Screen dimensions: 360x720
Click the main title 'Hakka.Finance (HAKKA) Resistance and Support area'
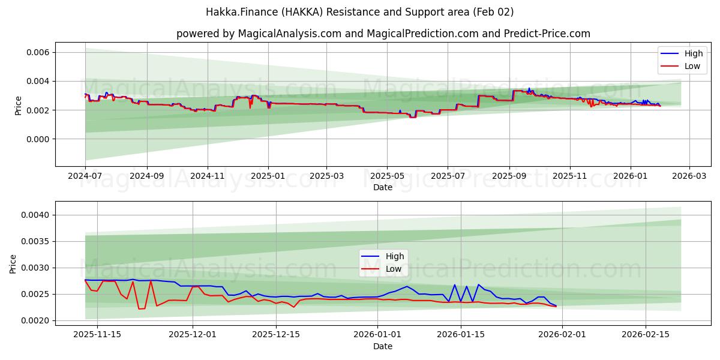pos(359,12)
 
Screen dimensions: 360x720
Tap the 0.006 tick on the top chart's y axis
pos(37,53)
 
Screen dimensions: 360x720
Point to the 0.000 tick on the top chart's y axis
pos(37,139)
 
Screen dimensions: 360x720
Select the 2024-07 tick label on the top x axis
pos(85,176)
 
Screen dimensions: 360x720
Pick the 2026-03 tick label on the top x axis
pos(689,176)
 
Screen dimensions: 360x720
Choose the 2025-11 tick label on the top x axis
pos(570,176)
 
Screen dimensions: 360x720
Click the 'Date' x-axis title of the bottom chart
pos(383,346)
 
